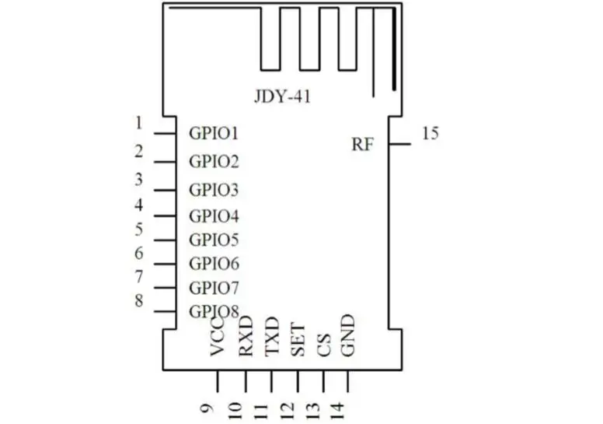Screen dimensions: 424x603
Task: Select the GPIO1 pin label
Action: click(214, 133)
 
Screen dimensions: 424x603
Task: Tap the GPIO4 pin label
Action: click(214, 216)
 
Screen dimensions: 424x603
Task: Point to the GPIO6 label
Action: click(214, 264)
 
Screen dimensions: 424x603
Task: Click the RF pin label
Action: click(363, 144)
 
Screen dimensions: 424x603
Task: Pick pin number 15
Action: click(430, 134)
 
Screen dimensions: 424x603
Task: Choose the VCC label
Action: click(218, 338)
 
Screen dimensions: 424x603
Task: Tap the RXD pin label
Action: click(246, 335)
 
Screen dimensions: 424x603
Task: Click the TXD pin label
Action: click(271, 335)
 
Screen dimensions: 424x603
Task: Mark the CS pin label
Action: click(324, 345)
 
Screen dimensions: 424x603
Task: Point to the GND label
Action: click(347, 335)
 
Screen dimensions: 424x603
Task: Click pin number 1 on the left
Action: click(138, 123)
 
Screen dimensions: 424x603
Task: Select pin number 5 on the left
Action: click(138, 230)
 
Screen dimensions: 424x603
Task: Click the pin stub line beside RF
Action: click(399, 144)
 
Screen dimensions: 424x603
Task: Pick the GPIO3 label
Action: click(214, 190)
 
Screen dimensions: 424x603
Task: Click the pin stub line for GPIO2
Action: click(165, 162)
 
